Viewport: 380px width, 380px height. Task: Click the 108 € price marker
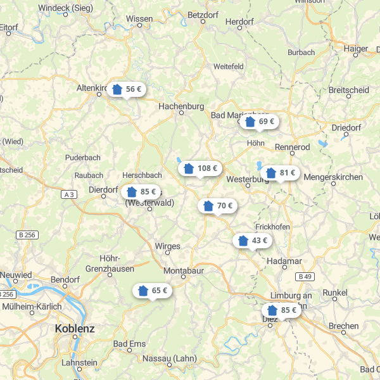pyautogui.click(x=199, y=168)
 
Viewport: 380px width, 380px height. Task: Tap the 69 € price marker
pyautogui.click(x=259, y=121)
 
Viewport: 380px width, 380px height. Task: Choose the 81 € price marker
pyautogui.click(x=281, y=173)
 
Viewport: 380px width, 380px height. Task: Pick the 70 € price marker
pyautogui.click(x=217, y=206)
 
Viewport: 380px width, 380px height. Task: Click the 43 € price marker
pyautogui.click(x=252, y=241)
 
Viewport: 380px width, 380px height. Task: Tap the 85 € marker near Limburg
pyautogui.click(x=281, y=310)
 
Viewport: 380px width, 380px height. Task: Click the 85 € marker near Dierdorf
pyautogui.click(x=141, y=191)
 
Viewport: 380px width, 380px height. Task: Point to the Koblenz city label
pyautogui.click(x=75, y=329)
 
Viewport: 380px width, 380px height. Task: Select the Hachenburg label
pyautogui.click(x=181, y=106)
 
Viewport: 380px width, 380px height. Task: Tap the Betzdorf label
pyautogui.click(x=203, y=14)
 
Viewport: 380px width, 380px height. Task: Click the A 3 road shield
pyautogui.click(x=70, y=194)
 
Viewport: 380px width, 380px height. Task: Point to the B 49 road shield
pyautogui.click(x=305, y=276)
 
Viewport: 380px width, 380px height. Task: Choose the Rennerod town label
pyautogui.click(x=292, y=147)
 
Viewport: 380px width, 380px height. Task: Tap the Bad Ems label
pyautogui.click(x=129, y=344)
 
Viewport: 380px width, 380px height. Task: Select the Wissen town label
pyautogui.click(x=139, y=19)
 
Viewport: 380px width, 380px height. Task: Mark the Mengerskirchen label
pyautogui.click(x=333, y=177)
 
